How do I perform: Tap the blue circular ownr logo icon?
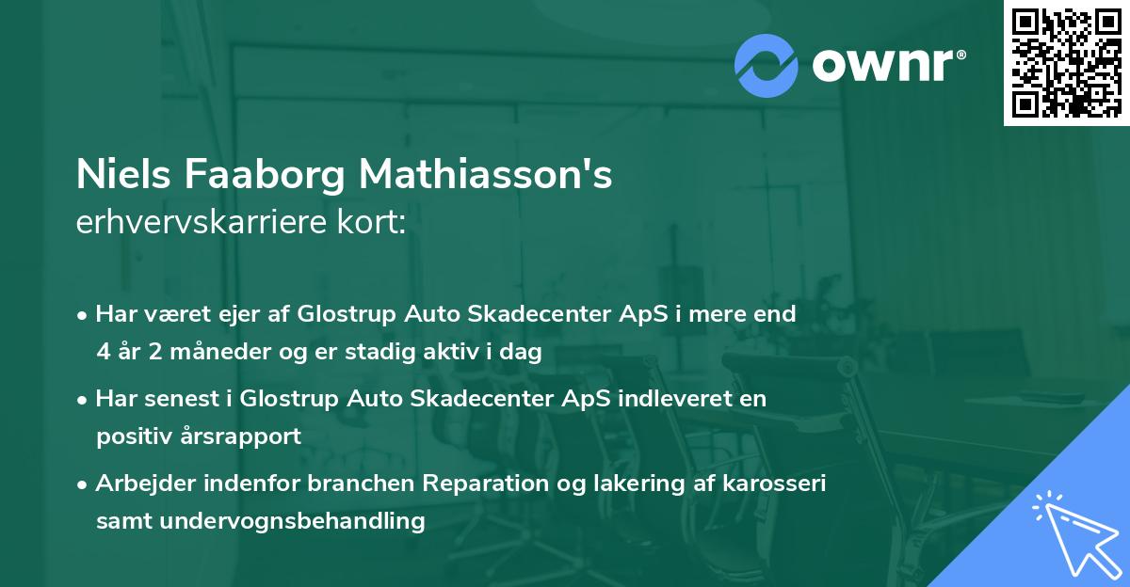point(767,65)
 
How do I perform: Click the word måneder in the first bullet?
point(198,353)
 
